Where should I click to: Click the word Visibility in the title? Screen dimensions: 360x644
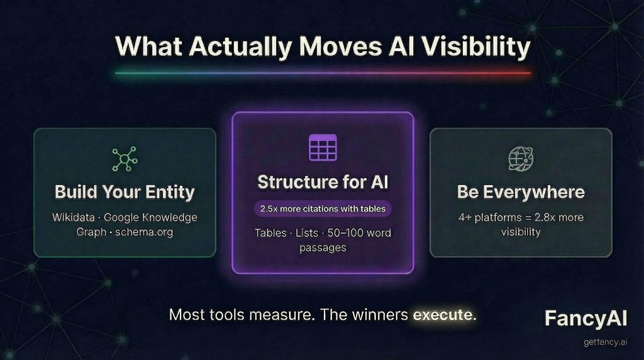[x=477, y=48]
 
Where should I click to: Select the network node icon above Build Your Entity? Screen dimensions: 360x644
[x=124, y=159]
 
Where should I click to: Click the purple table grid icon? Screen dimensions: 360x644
[x=323, y=147]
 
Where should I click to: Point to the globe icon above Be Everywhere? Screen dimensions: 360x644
[x=521, y=159]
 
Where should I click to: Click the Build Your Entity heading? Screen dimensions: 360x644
[x=125, y=191]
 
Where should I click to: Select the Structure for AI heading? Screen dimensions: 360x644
[x=323, y=182]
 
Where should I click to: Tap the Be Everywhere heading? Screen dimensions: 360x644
[x=521, y=191]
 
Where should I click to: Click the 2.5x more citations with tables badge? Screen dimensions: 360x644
[x=323, y=208]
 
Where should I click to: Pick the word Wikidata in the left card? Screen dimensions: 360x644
[x=74, y=218]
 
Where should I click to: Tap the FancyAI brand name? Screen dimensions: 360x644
[x=585, y=318]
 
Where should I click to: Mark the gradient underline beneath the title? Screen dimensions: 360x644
[x=323, y=73]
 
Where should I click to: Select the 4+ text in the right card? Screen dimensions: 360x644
[x=466, y=218]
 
